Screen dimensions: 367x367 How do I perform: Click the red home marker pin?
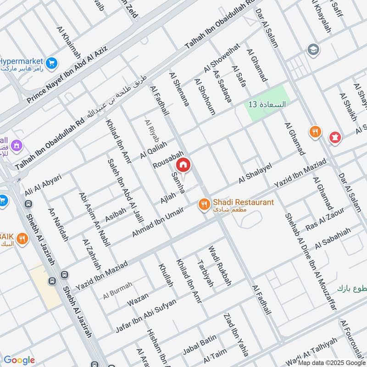tap(183, 164)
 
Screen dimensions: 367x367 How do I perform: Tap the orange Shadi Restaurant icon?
tap(204, 205)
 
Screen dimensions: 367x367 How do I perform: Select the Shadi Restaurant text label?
tap(243, 202)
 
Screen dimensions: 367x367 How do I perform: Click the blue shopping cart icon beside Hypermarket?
tap(52, 62)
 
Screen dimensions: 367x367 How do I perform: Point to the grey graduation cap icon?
tap(314, 49)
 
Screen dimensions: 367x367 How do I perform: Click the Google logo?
tap(19, 360)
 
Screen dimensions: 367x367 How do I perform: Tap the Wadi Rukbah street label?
tap(220, 267)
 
